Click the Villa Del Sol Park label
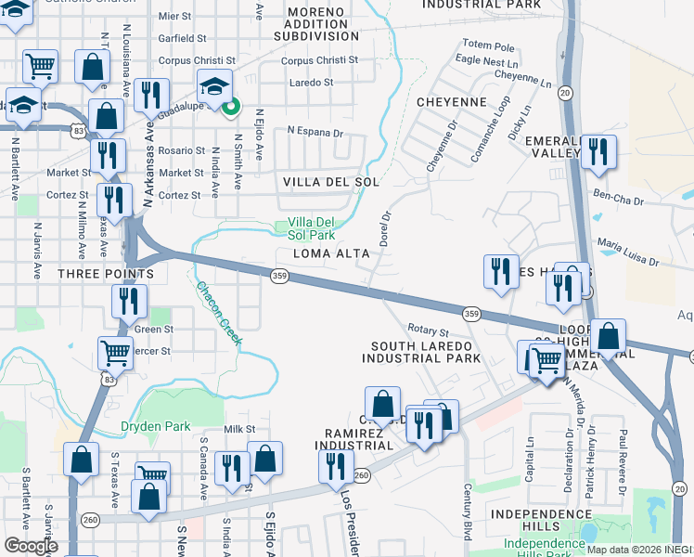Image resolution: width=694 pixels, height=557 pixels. point(311,228)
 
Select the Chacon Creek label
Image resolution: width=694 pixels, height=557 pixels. point(219,314)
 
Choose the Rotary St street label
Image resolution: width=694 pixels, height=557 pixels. point(428,330)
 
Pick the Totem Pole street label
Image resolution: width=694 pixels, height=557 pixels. point(488,45)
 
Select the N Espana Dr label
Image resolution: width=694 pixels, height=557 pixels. point(315,132)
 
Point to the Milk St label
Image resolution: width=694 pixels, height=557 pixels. point(238,429)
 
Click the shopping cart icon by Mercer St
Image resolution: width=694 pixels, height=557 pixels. point(115,352)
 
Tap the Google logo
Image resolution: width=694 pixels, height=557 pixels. point(31,546)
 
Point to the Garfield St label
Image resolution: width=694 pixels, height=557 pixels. point(182,38)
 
